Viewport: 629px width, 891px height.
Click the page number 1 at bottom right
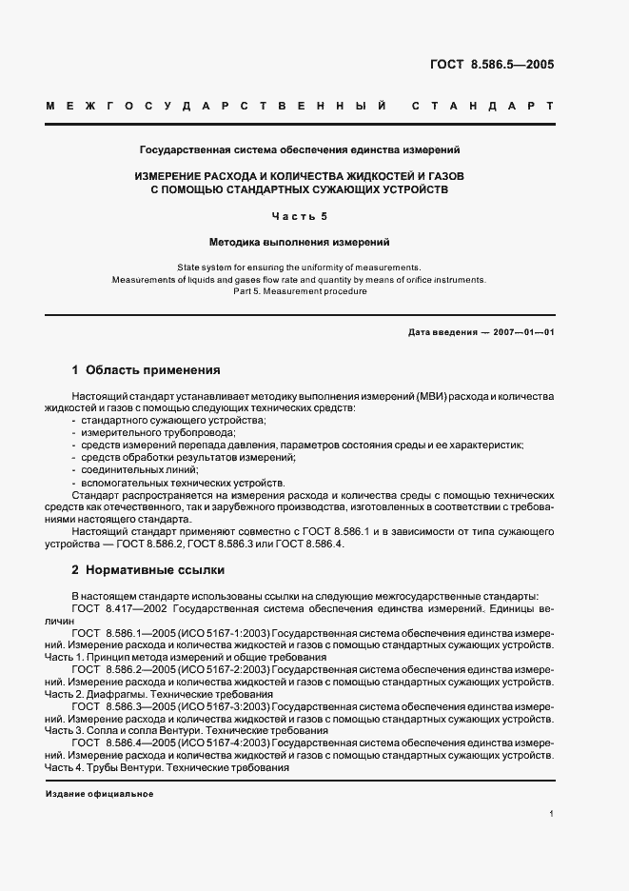pyautogui.click(x=551, y=815)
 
